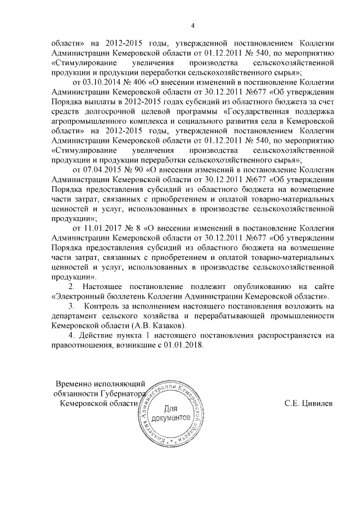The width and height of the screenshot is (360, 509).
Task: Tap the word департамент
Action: (76, 316)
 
